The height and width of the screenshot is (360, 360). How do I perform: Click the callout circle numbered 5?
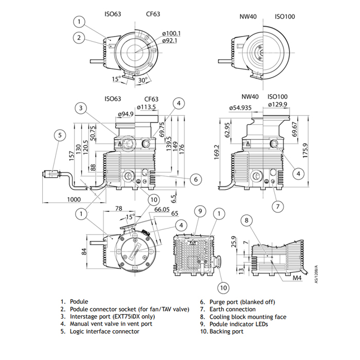(60, 135)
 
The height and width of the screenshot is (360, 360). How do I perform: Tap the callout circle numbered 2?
(78, 37)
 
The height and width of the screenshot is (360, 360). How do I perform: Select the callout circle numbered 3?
(80, 107)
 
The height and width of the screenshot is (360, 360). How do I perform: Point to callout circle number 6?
(195, 179)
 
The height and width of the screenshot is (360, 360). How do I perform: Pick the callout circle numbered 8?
(247, 221)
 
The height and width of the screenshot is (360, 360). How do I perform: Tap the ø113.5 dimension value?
(147, 107)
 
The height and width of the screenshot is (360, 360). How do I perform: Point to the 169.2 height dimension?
(217, 152)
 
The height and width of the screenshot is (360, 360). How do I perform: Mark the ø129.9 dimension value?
(278, 105)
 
